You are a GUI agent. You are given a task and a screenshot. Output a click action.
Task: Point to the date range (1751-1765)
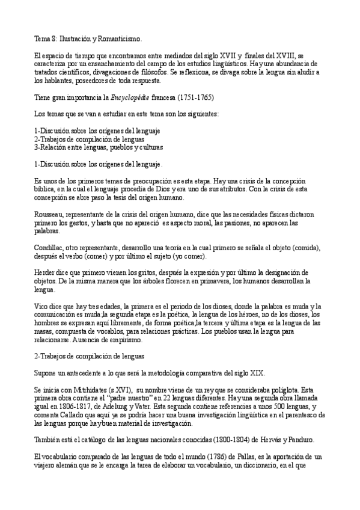pyautogui.click(x=192, y=97)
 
